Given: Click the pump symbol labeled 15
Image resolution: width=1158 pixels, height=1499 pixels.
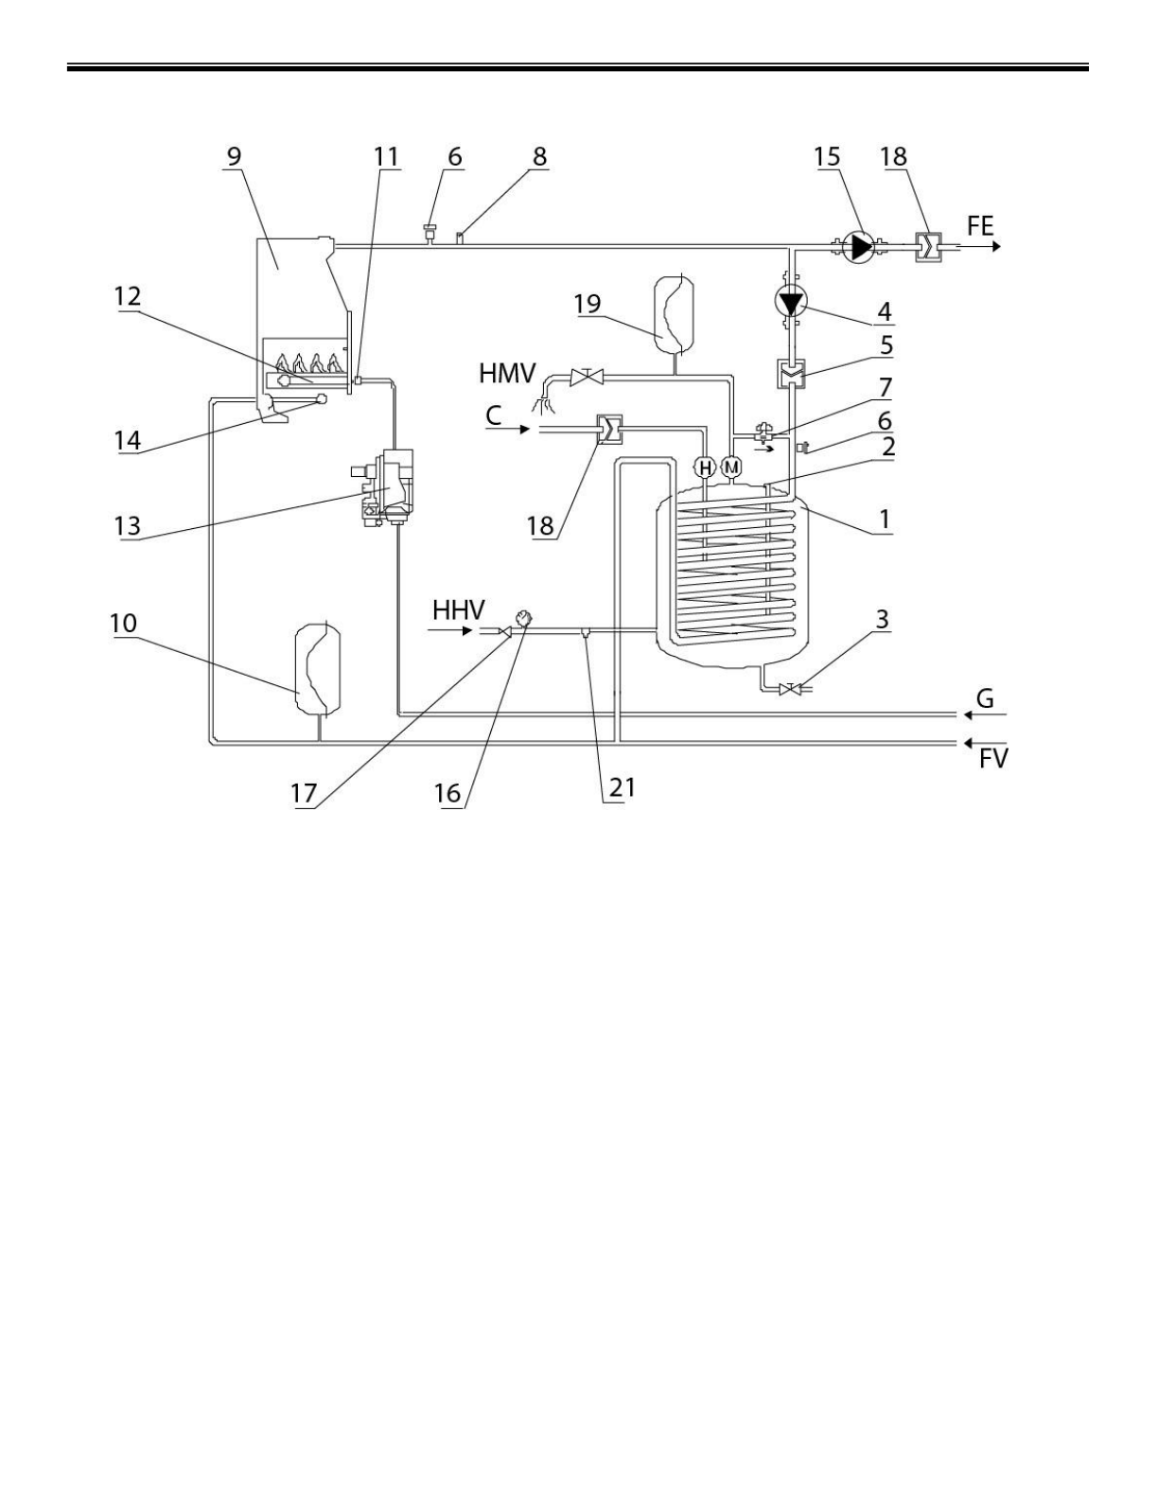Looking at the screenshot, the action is (859, 246).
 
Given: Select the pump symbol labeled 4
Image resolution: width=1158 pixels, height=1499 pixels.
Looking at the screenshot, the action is (790, 303).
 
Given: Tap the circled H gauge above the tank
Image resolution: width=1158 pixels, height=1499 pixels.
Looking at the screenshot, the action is (705, 467).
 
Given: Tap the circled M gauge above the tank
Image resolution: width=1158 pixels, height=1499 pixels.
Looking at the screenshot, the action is (731, 467).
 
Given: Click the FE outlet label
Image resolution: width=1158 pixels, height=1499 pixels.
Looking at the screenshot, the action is (981, 226).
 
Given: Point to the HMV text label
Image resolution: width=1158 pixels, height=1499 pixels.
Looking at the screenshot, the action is (507, 373).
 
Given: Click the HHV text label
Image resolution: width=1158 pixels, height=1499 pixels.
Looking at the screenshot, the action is (460, 609).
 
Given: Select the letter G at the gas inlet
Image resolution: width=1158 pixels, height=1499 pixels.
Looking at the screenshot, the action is (985, 698).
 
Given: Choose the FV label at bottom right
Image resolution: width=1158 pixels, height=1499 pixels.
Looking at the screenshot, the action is (993, 759).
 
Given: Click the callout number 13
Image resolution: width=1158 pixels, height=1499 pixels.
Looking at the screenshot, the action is (129, 526).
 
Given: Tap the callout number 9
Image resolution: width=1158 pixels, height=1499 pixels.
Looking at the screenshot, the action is (235, 156).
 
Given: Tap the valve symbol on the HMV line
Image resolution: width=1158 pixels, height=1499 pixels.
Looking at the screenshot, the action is (588, 377).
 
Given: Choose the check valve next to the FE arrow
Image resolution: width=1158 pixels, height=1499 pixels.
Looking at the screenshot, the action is (928, 246).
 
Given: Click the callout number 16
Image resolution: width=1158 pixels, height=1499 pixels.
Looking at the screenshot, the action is (447, 793).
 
